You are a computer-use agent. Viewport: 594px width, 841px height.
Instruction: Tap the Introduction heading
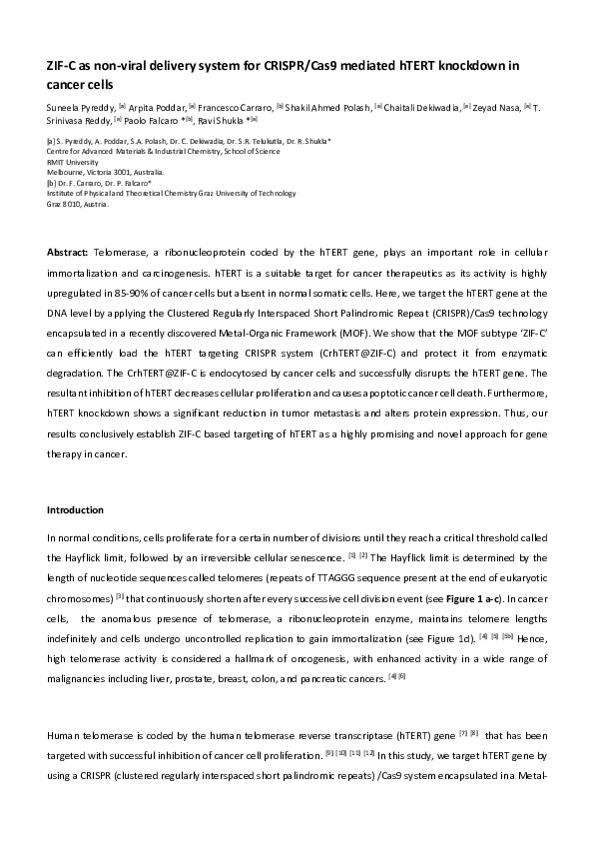pyautogui.click(x=76, y=510)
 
